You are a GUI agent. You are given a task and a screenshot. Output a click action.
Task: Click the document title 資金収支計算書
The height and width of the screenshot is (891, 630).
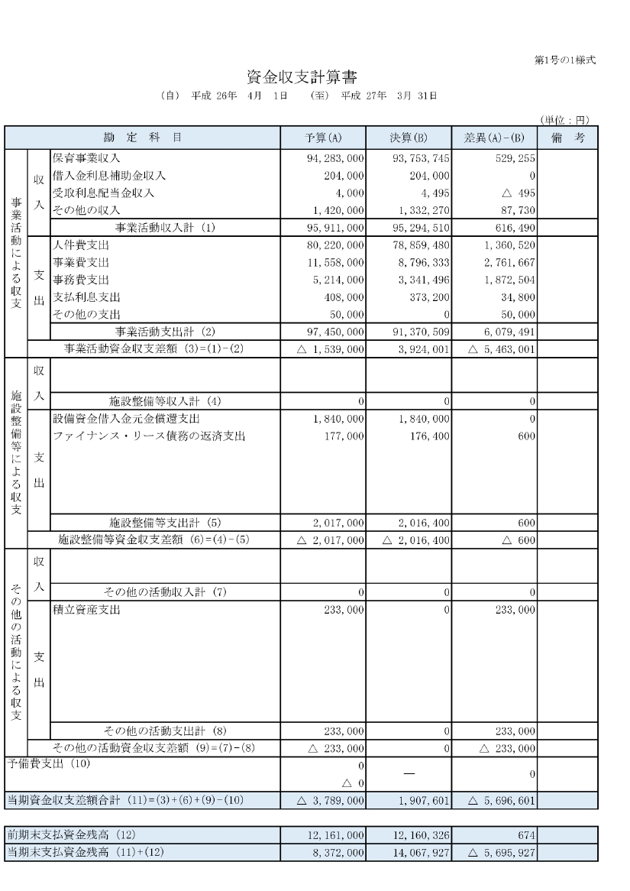(302, 77)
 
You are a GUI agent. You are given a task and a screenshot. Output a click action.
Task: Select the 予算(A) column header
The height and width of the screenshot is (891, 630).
(323, 138)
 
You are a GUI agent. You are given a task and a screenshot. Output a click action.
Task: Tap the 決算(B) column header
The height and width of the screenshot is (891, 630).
(409, 138)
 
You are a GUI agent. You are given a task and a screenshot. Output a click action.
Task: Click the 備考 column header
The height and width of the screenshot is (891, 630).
(567, 138)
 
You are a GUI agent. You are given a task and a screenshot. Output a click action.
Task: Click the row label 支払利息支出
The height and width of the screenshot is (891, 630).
(86, 297)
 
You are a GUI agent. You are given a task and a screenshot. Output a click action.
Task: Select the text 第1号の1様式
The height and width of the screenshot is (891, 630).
(566, 60)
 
